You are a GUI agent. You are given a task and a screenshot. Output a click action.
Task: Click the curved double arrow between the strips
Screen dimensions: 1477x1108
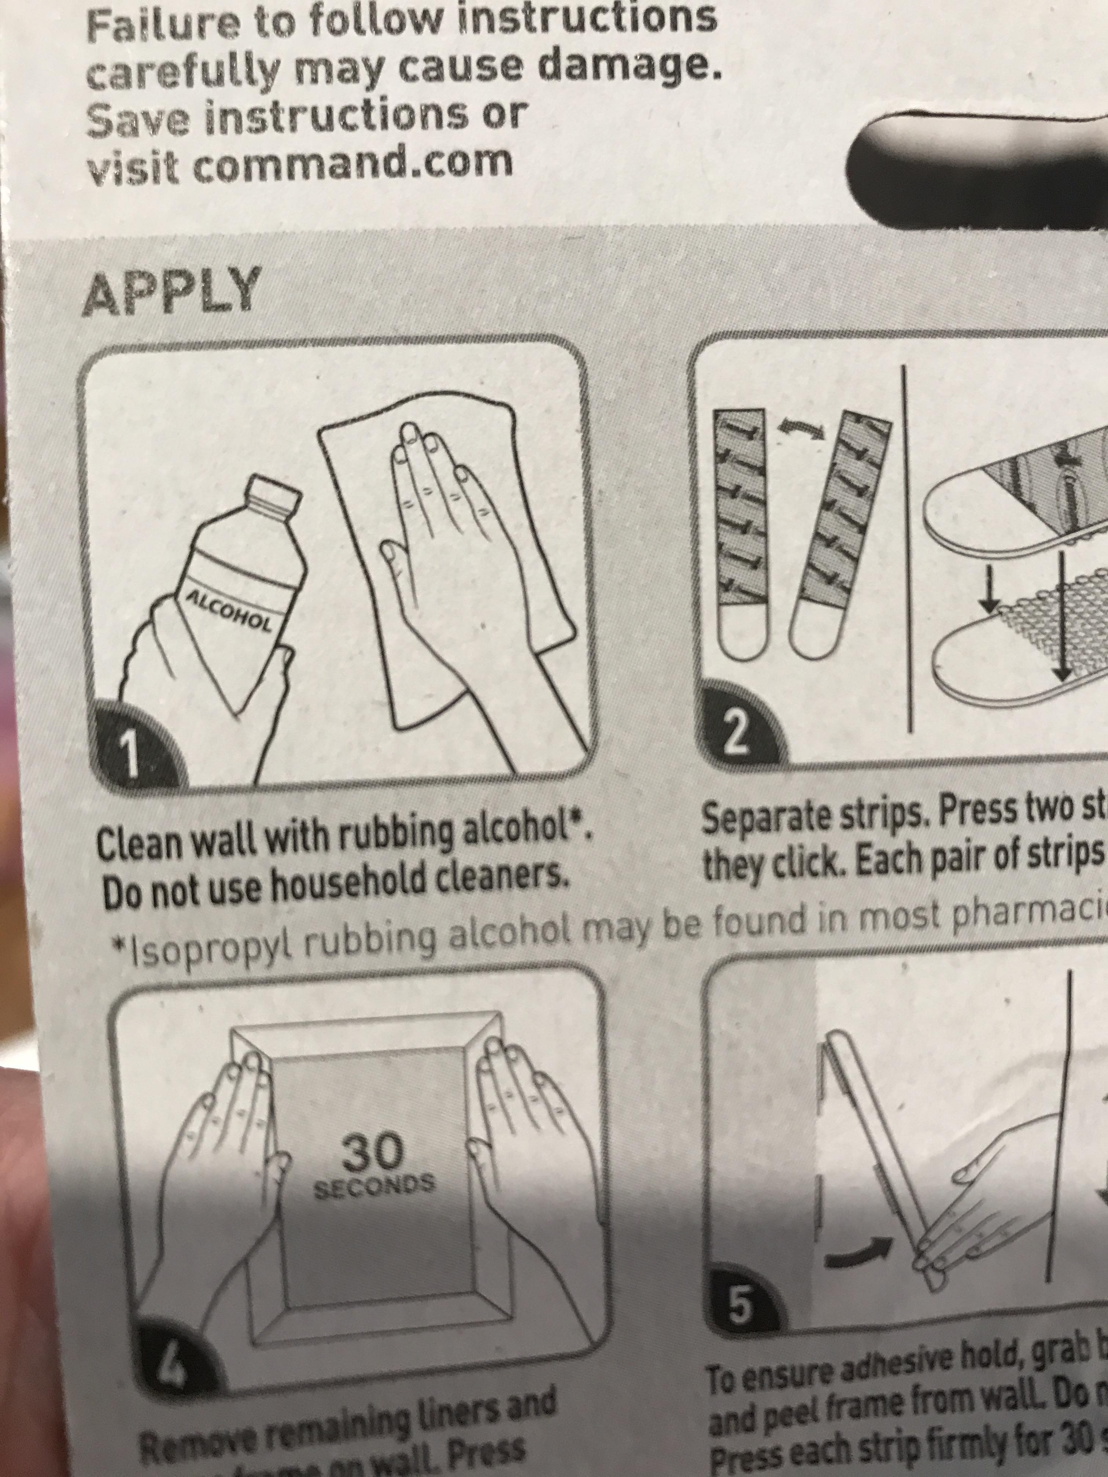coord(801,432)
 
